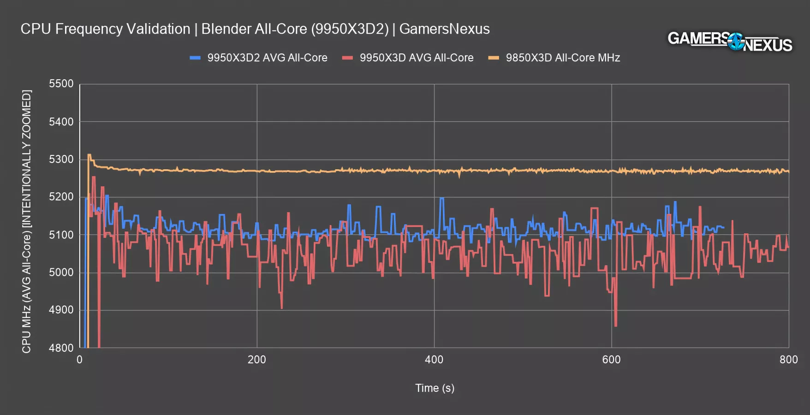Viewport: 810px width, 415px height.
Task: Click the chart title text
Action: tap(255, 29)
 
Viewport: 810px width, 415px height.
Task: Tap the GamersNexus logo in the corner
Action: tap(730, 41)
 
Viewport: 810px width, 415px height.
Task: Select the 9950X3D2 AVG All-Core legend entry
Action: tap(267, 58)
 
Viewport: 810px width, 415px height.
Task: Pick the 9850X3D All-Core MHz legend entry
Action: tap(562, 58)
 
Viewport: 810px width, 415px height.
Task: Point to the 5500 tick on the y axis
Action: tap(61, 84)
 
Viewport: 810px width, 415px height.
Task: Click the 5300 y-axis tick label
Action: tap(61, 160)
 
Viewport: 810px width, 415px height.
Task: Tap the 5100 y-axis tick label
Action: tap(61, 235)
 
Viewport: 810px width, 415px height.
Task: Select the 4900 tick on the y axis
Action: tap(61, 310)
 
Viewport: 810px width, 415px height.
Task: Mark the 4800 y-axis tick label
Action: tap(61, 348)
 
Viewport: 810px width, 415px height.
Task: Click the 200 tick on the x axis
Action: tap(257, 360)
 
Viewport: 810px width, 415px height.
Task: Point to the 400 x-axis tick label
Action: tap(434, 360)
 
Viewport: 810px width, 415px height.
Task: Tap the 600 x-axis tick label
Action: tap(611, 360)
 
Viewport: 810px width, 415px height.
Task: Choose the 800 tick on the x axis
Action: tap(788, 360)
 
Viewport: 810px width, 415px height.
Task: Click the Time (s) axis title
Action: tap(435, 388)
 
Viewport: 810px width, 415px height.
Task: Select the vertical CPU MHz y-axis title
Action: tap(27, 221)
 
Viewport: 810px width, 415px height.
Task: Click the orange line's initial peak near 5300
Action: tap(89, 155)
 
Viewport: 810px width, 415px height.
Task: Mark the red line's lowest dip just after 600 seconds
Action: tap(616, 326)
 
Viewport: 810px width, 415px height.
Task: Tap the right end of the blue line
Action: tap(723, 227)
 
